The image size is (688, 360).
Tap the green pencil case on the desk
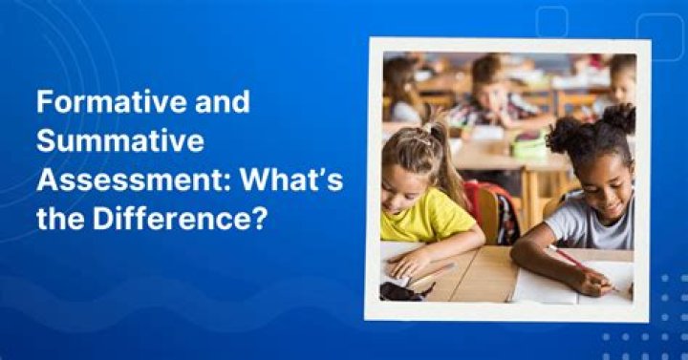[527, 145]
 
